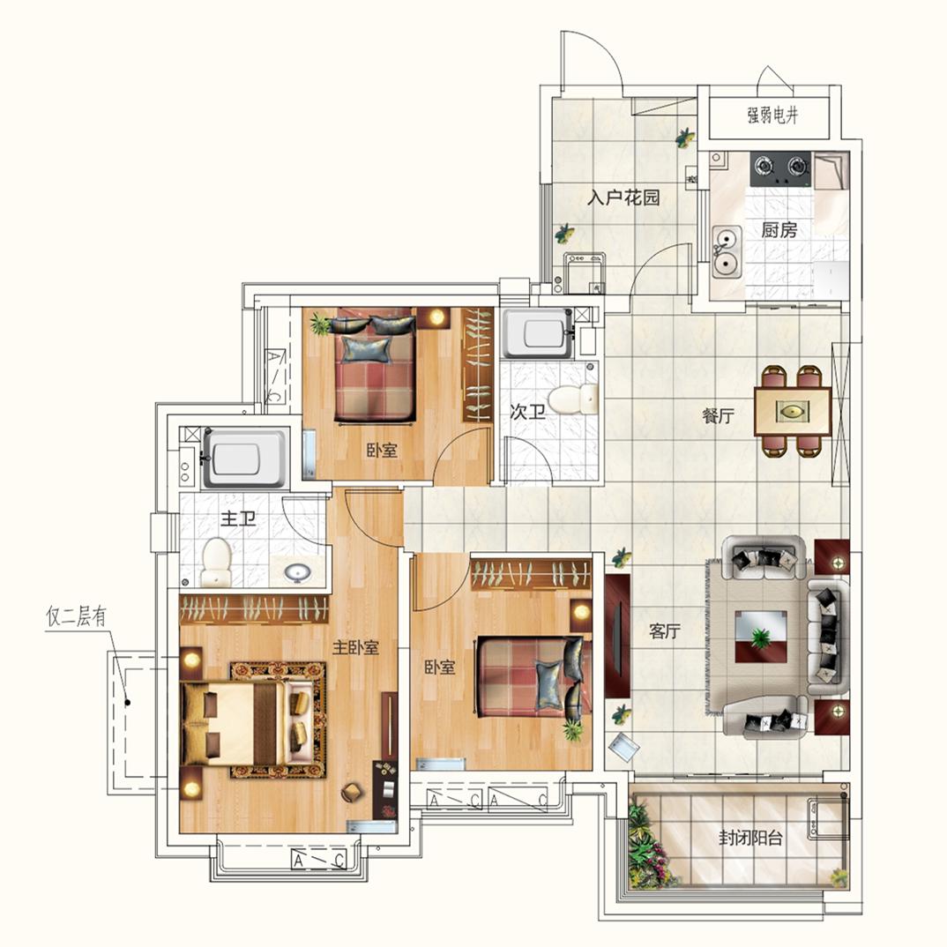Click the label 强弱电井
pos(772,116)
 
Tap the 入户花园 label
pos(624,198)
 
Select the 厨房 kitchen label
pos(779,230)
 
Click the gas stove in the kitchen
pos(780,168)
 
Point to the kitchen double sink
pos(727,250)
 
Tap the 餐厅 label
pos(719,417)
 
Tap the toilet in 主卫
pos(215,561)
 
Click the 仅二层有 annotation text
pos(76,618)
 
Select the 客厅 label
pos(665,631)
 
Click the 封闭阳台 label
pos(749,839)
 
